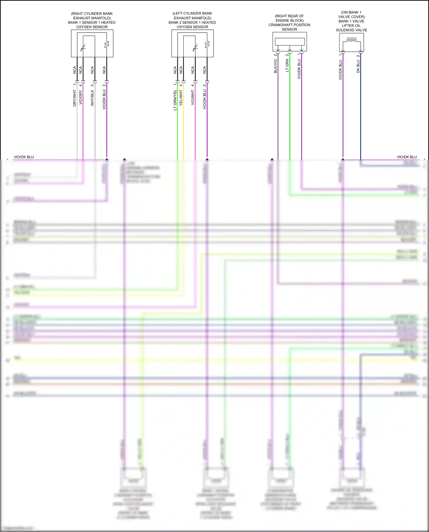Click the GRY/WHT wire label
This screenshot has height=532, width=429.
coord(75,98)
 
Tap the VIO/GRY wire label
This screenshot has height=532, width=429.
coord(81,97)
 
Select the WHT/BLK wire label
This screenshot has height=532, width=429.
coord(92,98)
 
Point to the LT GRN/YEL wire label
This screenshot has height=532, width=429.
coord(175,100)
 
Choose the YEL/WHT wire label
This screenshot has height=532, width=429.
coord(181,98)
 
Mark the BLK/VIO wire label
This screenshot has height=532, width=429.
coord(276,66)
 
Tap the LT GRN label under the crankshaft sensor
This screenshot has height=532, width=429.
coord(287,65)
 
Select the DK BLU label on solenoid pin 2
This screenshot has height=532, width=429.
coord(358,66)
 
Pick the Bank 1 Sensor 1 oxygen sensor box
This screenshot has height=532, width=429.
coord(92,43)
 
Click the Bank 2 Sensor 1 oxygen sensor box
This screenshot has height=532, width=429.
coord(192,43)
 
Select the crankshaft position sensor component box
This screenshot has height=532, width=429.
coord(289,42)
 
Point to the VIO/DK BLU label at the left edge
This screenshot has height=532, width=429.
coord(24,157)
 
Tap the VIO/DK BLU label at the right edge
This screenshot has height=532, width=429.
coord(407,157)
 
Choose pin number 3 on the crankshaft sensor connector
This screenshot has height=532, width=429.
coord(287,55)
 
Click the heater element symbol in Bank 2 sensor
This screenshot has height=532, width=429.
coord(207,44)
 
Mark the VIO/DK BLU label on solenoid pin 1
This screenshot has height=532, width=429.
coord(341,70)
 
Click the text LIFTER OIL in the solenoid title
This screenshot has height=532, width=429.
coord(351,25)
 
